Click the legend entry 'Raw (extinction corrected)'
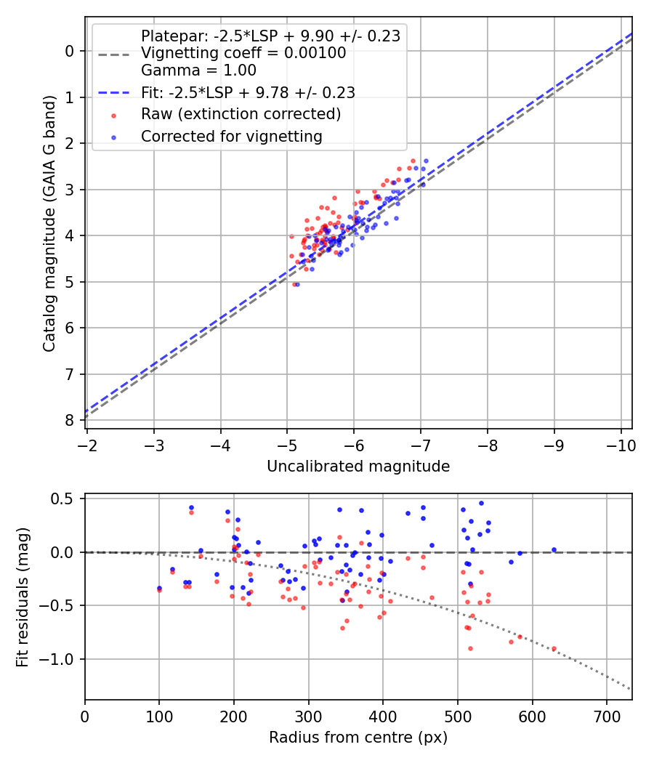pyautogui.click(x=241, y=114)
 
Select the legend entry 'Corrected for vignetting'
pyautogui.click(x=231, y=136)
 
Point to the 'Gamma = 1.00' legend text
pyautogui.click(x=198, y=70)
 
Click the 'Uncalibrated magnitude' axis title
pyautogui.click(x=358, y=466)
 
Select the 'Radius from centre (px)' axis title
pyautogui.click(x=358, y=738)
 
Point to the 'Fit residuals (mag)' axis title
pyautogui.click(x=23, y=597)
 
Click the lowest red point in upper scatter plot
pyautogui.click(x=294, y=284)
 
